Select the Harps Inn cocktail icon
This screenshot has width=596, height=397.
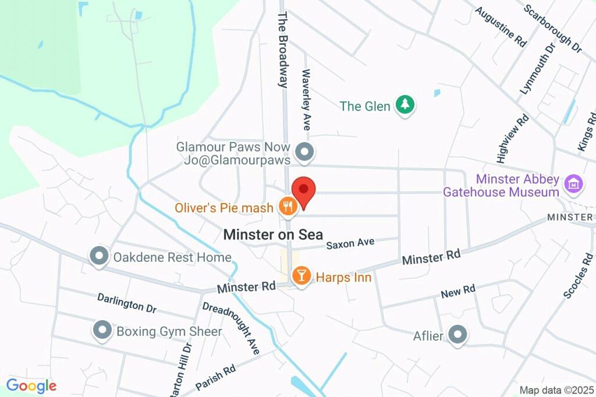tap(301, 277)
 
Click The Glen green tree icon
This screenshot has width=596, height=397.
tap(405, 105)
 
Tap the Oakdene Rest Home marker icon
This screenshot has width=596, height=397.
tap(99, 256)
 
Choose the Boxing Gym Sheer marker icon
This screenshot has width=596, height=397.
tap(102, 330)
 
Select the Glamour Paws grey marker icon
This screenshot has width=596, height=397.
tap(304, 153)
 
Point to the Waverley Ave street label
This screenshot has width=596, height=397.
tap(306, 100)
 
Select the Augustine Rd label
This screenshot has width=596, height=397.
tap(500, 27)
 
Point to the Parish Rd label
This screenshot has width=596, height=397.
tap(215, 378)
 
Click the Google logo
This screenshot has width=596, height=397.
tap(31, 385)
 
